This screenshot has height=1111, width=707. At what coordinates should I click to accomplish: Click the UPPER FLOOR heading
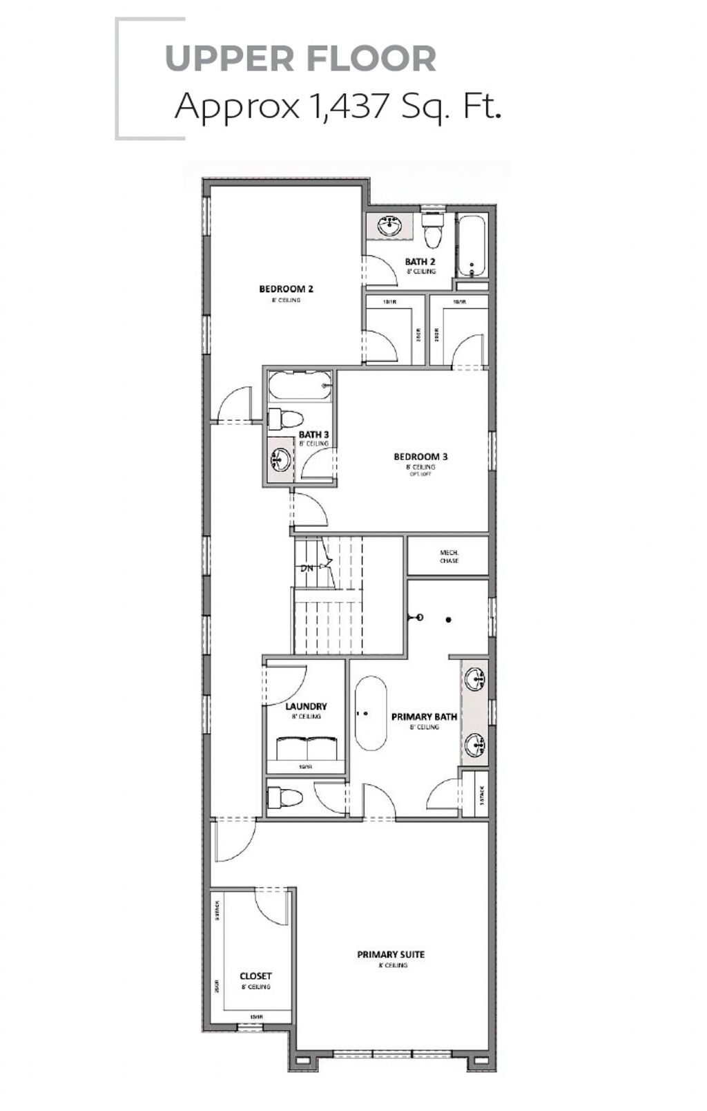300,59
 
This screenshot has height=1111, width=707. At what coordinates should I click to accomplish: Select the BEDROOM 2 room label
286,289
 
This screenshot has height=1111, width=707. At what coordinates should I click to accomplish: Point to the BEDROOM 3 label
420,457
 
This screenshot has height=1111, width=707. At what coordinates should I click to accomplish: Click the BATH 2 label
420,262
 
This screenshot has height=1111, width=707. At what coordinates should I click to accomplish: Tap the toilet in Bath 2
433,230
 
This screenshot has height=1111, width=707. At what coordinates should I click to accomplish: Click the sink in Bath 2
390,226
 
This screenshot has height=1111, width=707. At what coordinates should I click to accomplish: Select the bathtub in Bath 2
473,247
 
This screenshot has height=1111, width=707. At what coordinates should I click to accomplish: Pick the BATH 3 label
313,435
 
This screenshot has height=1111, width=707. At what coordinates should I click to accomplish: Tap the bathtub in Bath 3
300,386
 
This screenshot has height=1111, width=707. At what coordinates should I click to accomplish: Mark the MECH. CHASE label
449,556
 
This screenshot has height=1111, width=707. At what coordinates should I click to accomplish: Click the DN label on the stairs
307,568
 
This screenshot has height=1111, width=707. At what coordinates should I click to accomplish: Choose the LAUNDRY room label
306,706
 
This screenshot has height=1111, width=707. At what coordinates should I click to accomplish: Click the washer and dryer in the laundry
306,748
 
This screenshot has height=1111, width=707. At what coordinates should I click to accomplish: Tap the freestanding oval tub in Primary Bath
371,713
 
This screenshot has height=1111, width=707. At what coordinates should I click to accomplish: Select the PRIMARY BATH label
424,716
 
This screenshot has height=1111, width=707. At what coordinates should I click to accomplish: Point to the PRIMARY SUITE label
391,954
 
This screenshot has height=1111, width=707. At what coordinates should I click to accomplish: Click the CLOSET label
255,976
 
